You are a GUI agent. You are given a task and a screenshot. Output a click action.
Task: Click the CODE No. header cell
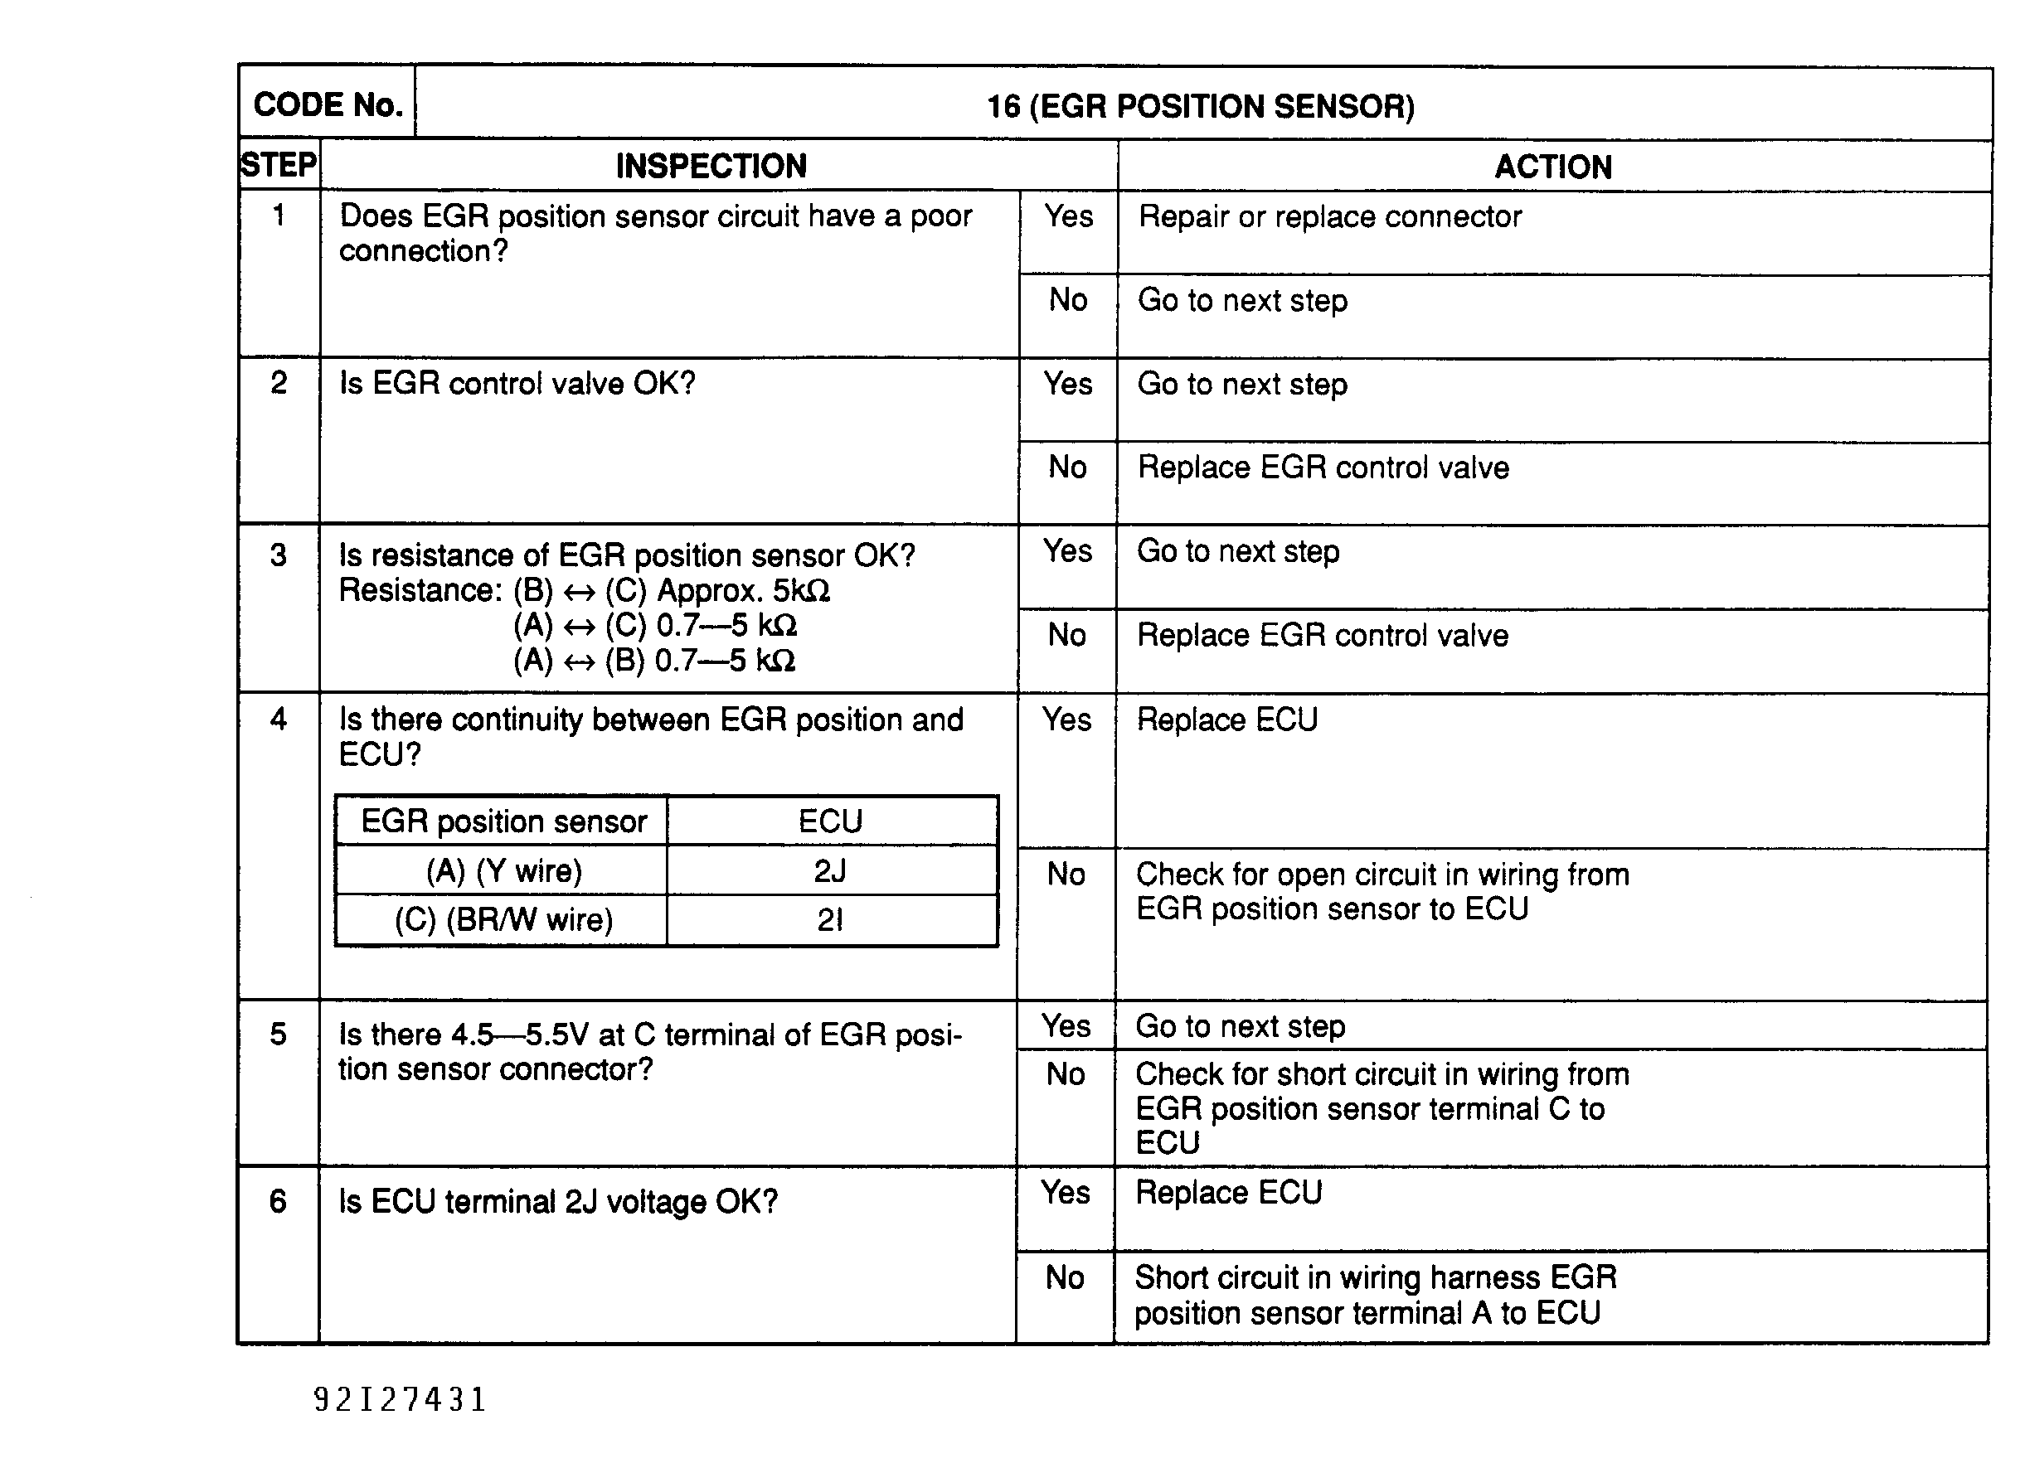[x=328, y=104]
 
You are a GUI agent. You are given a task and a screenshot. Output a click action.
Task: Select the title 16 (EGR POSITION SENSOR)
[x=1200, y=106]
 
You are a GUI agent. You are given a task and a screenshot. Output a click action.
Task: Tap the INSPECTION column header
[x=711, y=166]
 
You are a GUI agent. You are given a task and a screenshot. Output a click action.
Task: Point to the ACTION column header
[x=1553, y=167]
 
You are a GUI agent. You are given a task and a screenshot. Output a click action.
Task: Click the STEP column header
[x=279, y=165]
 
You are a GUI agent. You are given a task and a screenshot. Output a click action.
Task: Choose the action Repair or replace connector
[x=1329, y=217]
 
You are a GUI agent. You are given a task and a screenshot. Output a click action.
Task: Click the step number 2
[x=279, y=383]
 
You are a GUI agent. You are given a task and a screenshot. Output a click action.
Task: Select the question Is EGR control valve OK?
[x=517, y=384]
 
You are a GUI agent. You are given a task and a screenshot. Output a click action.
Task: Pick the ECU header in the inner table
[x=830, y=821]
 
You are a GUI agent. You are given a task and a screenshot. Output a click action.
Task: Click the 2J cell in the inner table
[x=830, y=870]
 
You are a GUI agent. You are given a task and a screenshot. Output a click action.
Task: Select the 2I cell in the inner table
[x=830, y=920]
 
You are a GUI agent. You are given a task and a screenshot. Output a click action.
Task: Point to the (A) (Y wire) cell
[x=503, y=870]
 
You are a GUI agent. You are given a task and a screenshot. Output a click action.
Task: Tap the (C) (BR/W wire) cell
[x=503, y=920]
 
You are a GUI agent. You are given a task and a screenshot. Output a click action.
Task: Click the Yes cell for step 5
[x=1066, y=1025]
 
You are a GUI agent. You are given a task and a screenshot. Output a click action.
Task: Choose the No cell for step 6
[x=1066, y=1277]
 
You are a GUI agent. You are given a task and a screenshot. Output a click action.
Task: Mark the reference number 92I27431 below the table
[x=400, y=1399]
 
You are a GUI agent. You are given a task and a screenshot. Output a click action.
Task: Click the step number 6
[x=278, y=1202]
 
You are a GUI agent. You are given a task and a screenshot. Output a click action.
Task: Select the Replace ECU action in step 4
[x=1226, y=720]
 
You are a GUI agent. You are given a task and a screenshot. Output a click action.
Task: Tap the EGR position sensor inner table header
[x=503, y=821]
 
